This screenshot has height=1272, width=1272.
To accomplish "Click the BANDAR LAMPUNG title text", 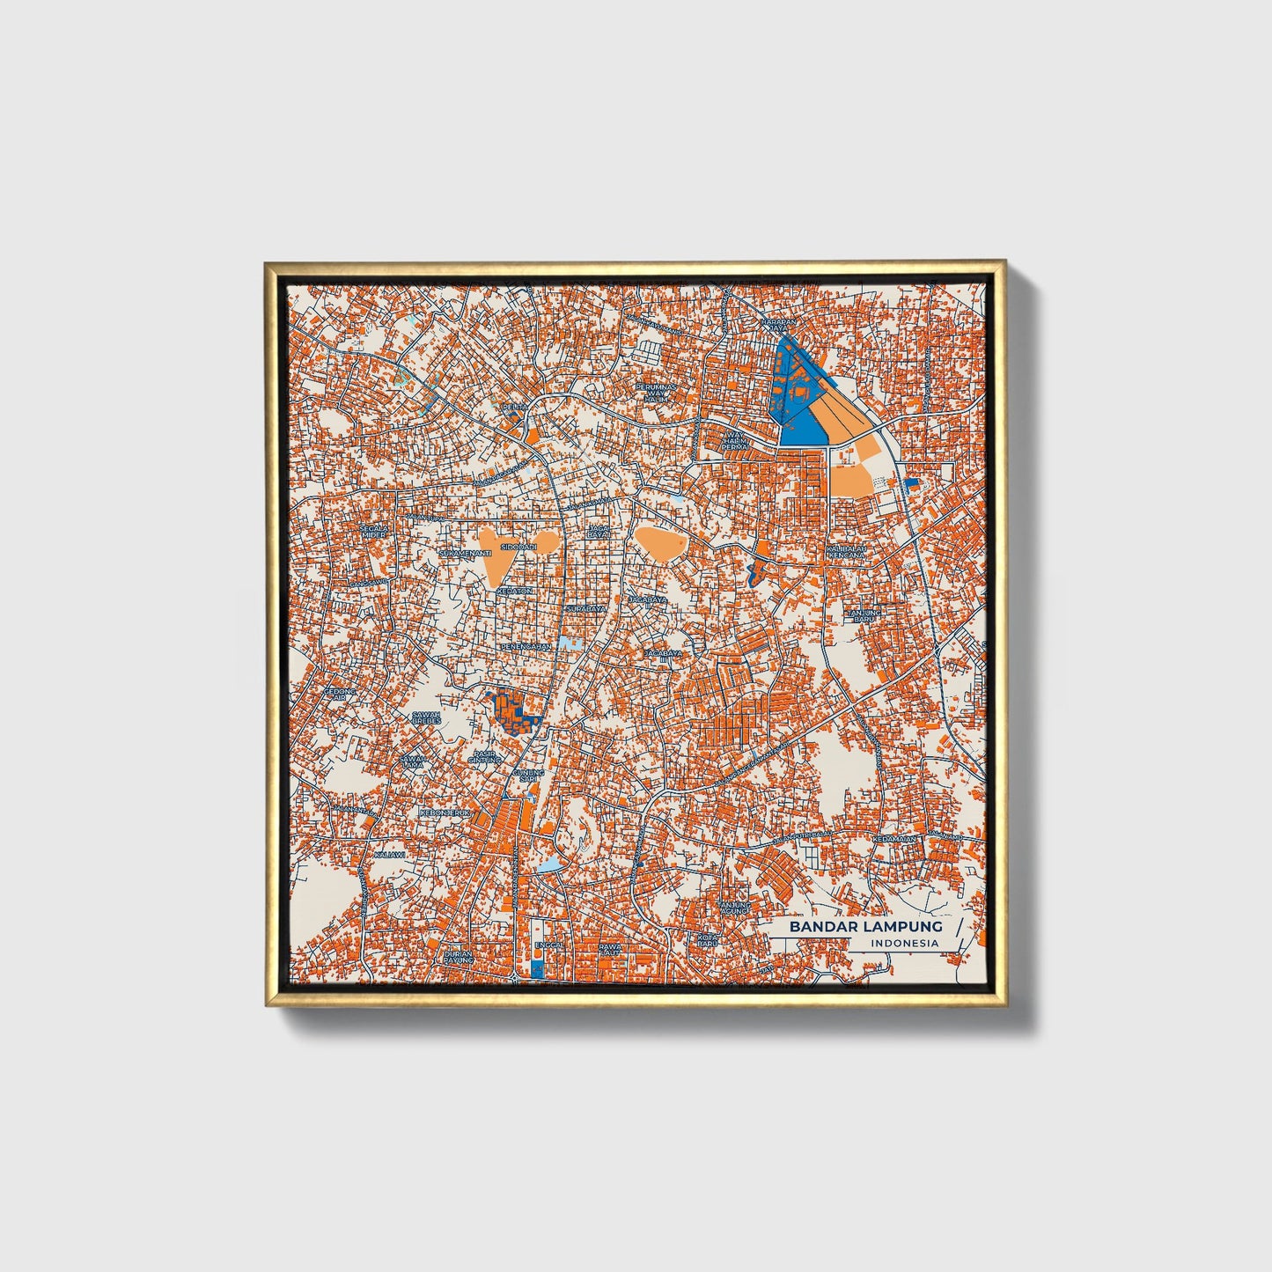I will (865, 926).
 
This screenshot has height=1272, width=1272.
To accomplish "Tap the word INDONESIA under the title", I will (904, 944).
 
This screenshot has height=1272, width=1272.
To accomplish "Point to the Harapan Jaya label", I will (779, 325).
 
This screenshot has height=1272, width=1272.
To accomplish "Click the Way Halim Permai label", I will (734, 440).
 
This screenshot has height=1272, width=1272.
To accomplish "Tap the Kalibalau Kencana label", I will (846, 552).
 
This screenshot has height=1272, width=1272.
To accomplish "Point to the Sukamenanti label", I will (464, 553).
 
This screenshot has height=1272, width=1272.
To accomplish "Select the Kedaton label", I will (514, 591).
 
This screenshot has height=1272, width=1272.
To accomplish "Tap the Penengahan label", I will (526, 647).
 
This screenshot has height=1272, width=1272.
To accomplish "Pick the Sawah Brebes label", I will (426, 718).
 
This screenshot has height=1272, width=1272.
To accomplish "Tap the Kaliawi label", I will (389, 854).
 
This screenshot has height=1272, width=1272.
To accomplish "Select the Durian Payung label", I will (459, 957).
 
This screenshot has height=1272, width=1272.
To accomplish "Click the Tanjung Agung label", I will (733, 908).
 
